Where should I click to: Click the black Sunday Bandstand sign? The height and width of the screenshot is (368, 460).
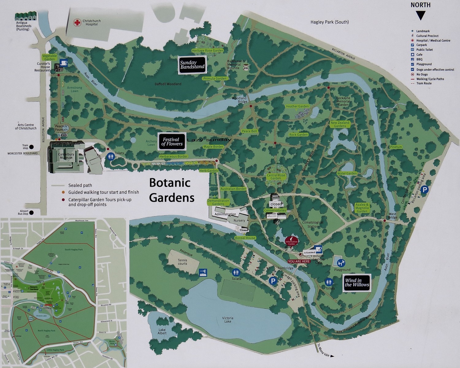click(192, 65)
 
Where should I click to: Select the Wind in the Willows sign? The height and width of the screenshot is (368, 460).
click(357, 282)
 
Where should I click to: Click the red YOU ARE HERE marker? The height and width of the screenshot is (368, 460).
click(299, 261)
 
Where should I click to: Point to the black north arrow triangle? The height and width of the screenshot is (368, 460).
click(420, 15)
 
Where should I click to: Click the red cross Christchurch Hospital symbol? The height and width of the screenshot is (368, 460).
click(77, 23)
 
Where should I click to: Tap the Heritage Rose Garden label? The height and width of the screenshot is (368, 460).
click(208, 51)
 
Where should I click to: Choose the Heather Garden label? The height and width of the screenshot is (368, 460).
click(297, 107)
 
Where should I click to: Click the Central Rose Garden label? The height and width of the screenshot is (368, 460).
click(276, 177)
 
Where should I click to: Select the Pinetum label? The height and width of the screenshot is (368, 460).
click(396, 147)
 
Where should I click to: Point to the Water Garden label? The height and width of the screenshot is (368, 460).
click(347, 173)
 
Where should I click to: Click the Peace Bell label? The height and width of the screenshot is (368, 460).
click(249, 131)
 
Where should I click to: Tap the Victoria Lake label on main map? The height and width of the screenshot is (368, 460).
click(228, 320)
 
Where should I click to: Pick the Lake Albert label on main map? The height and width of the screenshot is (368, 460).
click(162, 331)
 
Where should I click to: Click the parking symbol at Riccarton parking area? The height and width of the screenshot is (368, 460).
click(424, 190)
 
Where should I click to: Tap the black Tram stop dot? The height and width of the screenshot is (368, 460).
click(32, 147)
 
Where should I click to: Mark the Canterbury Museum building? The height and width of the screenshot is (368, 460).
click(66, 157)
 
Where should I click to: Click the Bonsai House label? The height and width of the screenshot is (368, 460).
click(245, 238)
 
